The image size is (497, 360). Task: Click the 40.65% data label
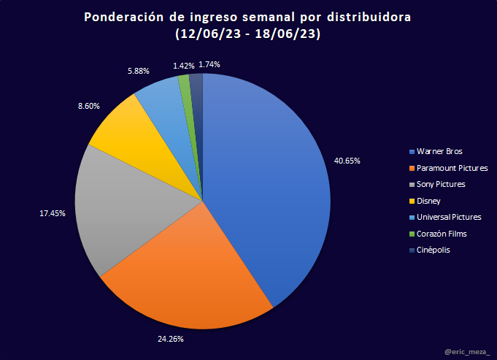[x=347, y=160]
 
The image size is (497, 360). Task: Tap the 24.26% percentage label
[x=171, y=339]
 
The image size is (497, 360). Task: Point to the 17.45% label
[x=53, y=213]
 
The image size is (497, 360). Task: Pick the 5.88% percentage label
[x=138, y=71]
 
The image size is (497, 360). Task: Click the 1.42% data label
[x=184, y=66]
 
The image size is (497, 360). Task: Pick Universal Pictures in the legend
[x=448, y=217]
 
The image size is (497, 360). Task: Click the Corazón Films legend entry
[x=441, y=234]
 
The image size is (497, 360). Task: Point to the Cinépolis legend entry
[x=435, y=250]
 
